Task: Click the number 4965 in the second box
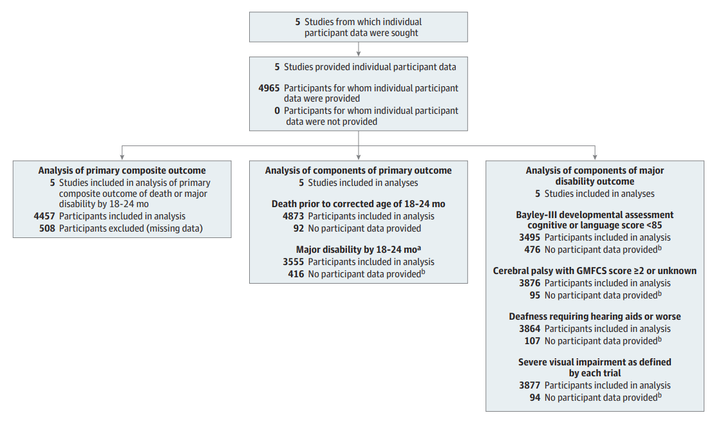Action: tap(268, 88)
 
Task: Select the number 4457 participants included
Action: tap(44, 216)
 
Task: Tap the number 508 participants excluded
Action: tap(47, 229)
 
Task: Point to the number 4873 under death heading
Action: tap(293, 216)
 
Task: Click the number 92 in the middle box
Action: tap(299, 229)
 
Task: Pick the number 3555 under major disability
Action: tap(293, 262)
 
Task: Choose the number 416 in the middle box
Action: tap(296, 274)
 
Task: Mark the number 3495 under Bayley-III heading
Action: tap(530, 237)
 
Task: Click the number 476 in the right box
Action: tap(532, 250)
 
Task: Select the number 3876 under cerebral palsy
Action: tap(530, 283)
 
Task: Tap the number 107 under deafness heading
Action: tap(532, 341)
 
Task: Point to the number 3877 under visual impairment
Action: tap(530, 385)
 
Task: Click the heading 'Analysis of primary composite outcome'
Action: tap(122, 170)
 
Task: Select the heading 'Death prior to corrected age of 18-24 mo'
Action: tap(359, 204)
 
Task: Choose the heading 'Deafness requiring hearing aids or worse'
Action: tap(595, 316)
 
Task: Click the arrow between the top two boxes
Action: tap(359, 49)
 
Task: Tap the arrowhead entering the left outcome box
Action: tap(122, 158)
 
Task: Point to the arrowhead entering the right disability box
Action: tap(595, 158)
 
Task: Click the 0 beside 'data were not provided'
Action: tap(277, 111)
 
